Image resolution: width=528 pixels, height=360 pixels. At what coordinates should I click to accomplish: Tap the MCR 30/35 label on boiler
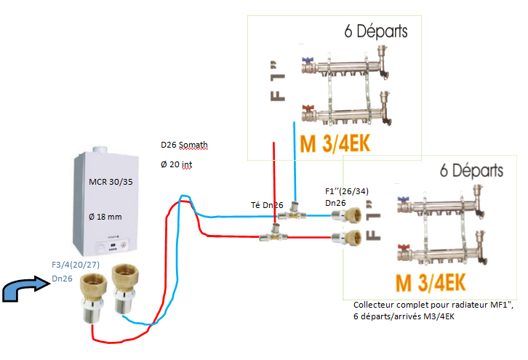(111, 182)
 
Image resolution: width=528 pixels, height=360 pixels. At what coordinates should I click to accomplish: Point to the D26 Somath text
(184, 145)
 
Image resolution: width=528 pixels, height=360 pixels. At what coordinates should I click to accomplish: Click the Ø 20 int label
(177, 164)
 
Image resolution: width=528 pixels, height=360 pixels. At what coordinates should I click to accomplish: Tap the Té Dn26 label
(265, 206)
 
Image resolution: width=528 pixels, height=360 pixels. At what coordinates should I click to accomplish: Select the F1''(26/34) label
(348, 192)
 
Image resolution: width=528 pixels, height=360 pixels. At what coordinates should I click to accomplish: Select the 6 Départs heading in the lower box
(471, 170)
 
